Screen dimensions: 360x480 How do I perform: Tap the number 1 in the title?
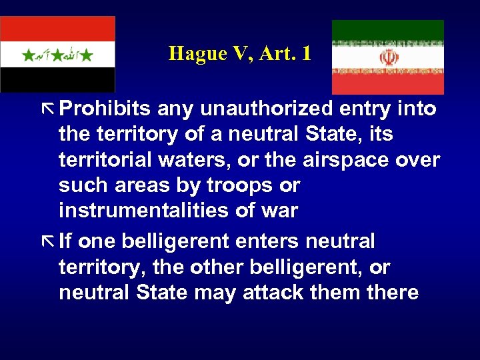[306, 53]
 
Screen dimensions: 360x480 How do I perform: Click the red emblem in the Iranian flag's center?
[388, 57]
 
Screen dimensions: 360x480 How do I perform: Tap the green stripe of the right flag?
[388, 31]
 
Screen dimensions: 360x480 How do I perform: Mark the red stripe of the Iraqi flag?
[57, 28]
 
